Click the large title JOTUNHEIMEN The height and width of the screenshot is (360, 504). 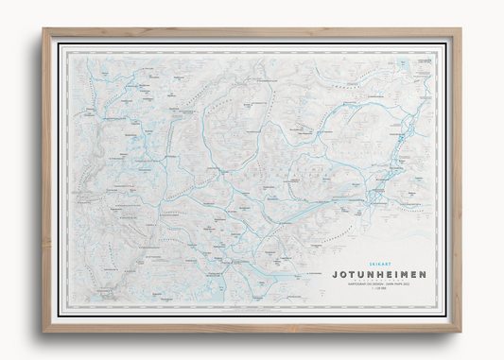pyautogui.click(x=379, y=275)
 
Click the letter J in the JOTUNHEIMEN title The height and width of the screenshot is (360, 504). pyautogui.click(x=336, y=275)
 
